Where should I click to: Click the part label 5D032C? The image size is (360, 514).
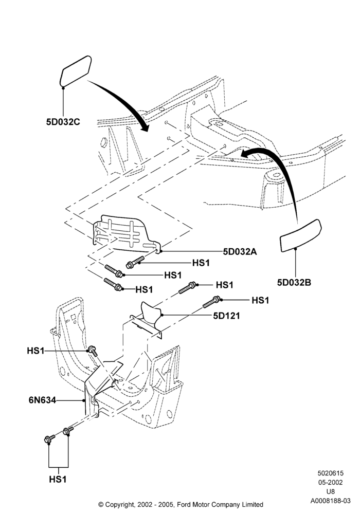click(x=63, y=122)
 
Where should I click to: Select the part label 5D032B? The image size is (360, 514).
click(x=294, y=282)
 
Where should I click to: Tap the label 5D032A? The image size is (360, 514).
click(x=240, y=251)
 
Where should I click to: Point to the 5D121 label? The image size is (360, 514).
click(x=227, y=316)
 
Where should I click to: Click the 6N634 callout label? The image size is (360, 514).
click(x=42, y=400)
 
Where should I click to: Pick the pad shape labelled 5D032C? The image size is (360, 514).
click(x=76, y=70)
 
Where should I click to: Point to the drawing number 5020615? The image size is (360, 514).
click(x=330, y=473)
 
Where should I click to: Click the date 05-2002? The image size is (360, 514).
click(x=330, y=482)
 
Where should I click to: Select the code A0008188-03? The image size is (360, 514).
click(x=331, y=501)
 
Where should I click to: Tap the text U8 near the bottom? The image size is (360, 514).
click(x=330, y=491)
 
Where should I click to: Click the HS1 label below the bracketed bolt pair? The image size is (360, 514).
click(x=58, y=479)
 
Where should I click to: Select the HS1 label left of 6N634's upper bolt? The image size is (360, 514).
click(x=35, y=351)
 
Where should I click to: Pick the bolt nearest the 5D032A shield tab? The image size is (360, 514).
click(x=135, y=262)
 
